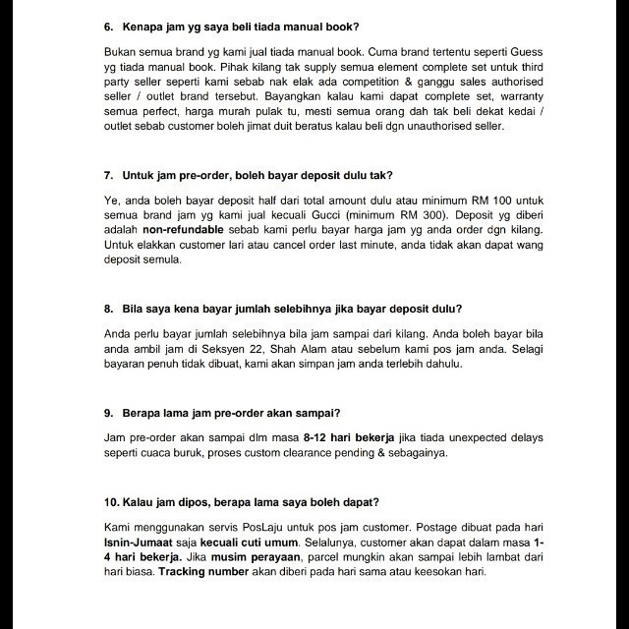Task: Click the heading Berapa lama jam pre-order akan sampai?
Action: coord(240,410)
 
